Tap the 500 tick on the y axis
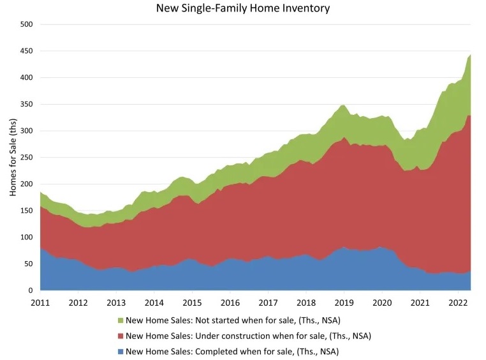pos(26,24)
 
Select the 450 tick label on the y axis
pos(26,51)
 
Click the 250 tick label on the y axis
pos(26,158)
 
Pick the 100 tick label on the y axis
pos(26,237)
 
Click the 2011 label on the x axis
pos(40,303)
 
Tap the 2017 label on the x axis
pos(269,303)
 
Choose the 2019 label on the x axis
pos(344,303)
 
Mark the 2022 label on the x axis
pos(458,303)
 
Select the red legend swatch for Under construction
pos(121,335)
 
